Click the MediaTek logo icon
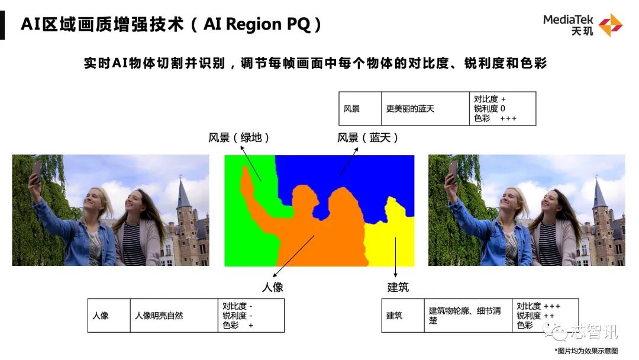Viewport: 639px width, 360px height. click(x=611, y=25)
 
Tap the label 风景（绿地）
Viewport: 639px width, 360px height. click(x=239, y=138)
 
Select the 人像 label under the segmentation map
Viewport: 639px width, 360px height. click(x=273, y=287)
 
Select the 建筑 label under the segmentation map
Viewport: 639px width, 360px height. click(x=398, y=287)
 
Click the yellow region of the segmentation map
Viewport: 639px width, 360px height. click(x=388, y=240)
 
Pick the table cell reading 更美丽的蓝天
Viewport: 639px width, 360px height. click(x=410, y=109)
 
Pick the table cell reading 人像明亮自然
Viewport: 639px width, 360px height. click(x=159, y=316)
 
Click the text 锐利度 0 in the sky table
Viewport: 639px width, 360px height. click(x=489, y=109)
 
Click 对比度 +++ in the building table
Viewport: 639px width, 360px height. click(x=538, y=306)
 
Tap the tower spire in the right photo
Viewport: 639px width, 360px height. click(x=599, y=193)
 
